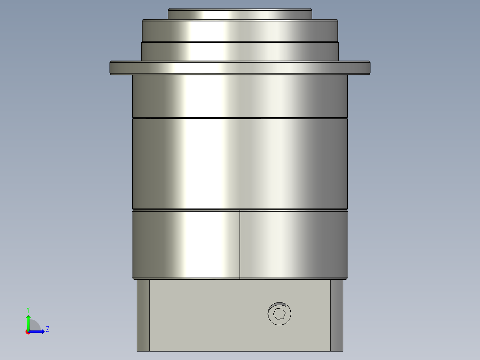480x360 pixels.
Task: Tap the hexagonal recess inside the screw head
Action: [x=279, y=314]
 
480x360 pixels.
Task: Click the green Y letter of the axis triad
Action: [x=28, y=309]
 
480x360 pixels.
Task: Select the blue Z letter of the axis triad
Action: [x=47, y=329]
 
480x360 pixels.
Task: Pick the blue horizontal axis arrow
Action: [x=38, y=331]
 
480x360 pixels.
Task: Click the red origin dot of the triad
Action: [x=28, y=331]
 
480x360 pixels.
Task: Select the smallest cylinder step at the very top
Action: [x=240, y=14]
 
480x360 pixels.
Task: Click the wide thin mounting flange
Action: [x=240, y=68]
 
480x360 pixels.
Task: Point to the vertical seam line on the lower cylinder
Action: [x=240, y=244]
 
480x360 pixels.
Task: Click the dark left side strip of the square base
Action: [x=143, y=315]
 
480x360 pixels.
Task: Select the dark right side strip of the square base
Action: [x=337, y=315]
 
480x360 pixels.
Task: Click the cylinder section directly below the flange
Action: [x=240, y=96]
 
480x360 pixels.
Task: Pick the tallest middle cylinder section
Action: [x=240, y=163]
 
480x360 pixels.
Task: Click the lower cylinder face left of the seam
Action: [x=186, y=244]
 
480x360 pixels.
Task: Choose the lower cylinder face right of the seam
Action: [x=294, y=244]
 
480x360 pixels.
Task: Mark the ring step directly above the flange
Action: [x=240, y=51]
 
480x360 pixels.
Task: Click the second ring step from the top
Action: [x=240, y=31]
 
